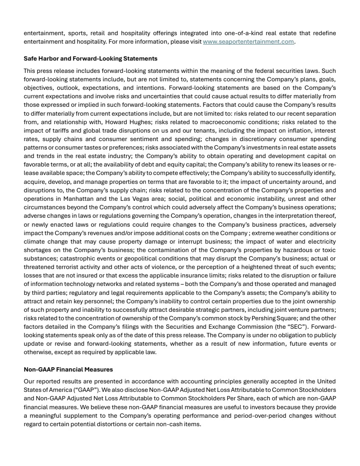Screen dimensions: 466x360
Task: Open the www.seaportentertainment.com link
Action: pyautogui.click(x=248, y=42)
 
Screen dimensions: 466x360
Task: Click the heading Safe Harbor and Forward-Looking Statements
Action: pyautogui.click(x=90, y=58)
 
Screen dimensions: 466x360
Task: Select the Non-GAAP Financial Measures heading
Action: pyautogui.click(x=68, y=370)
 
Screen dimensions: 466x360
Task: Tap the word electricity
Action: pyautogui.click(x=319, y=241)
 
